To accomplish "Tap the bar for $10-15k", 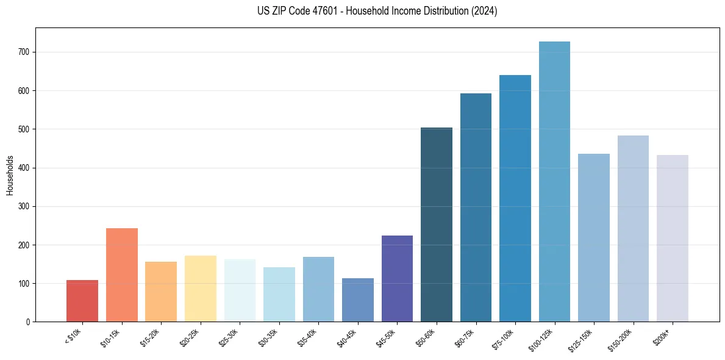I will coord(122,275).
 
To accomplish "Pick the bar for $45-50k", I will coord(397,278).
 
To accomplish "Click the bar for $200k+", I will coord(673,239).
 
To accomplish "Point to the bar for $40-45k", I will coord(358,300).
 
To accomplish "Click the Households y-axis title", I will coord(10,175).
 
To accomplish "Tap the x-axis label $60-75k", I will coord(465,336).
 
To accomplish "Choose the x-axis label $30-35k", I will coord(268,336).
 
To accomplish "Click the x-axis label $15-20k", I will coord(150,336).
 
